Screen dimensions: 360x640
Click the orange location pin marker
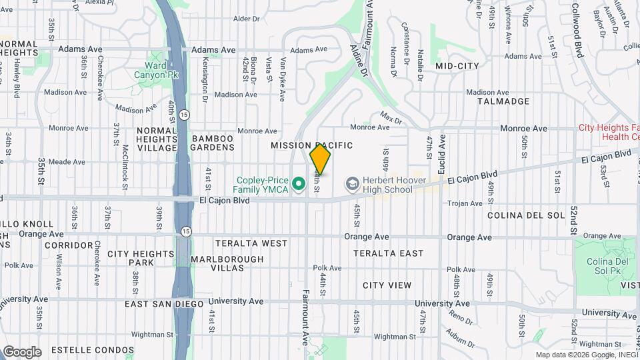[320, 159]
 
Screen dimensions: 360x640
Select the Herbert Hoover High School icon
[352, 182]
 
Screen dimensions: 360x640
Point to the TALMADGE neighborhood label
[503, 101]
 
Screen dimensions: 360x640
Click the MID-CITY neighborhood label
[457, 66]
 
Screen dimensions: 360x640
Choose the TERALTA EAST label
[389, 253]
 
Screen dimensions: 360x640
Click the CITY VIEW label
[387, 285]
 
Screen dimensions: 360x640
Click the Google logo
[22, 351]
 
